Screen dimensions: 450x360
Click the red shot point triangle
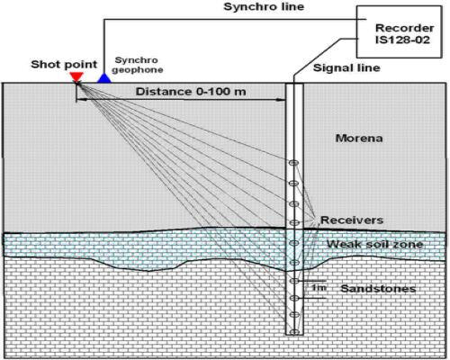click(x=76, y=76)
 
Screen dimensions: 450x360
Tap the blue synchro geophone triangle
click(x=104, y=78)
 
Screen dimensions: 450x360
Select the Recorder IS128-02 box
click(x=399, y=31)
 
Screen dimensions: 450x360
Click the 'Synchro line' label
click(x=264, y=7)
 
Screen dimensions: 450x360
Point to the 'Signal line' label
click(x=346, y=67)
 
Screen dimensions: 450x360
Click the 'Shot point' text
click(x=64, y=64)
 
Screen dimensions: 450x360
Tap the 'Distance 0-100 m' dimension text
click(x=191, y=92)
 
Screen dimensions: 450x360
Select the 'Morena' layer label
click(x=359, y=139)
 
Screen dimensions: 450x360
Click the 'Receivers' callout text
click(x=352, y=220)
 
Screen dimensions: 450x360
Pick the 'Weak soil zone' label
click(x=374, y=244)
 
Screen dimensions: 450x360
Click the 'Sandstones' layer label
click(x=378, y=289)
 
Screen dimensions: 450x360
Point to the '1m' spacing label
click(x=319, y=288)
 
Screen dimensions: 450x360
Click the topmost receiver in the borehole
click(x=293, y=163)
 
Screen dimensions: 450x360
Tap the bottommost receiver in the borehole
click(x=294, y=332)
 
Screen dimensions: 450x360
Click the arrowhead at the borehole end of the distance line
click(x=282, y=100)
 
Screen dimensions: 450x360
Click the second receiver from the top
click(x=293, y=184)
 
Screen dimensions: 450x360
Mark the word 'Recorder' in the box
click(x=404, y=28)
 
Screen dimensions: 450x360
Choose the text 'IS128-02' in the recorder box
click(x=402, y=40)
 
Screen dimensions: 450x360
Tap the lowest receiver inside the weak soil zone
click(x=294, y=263)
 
